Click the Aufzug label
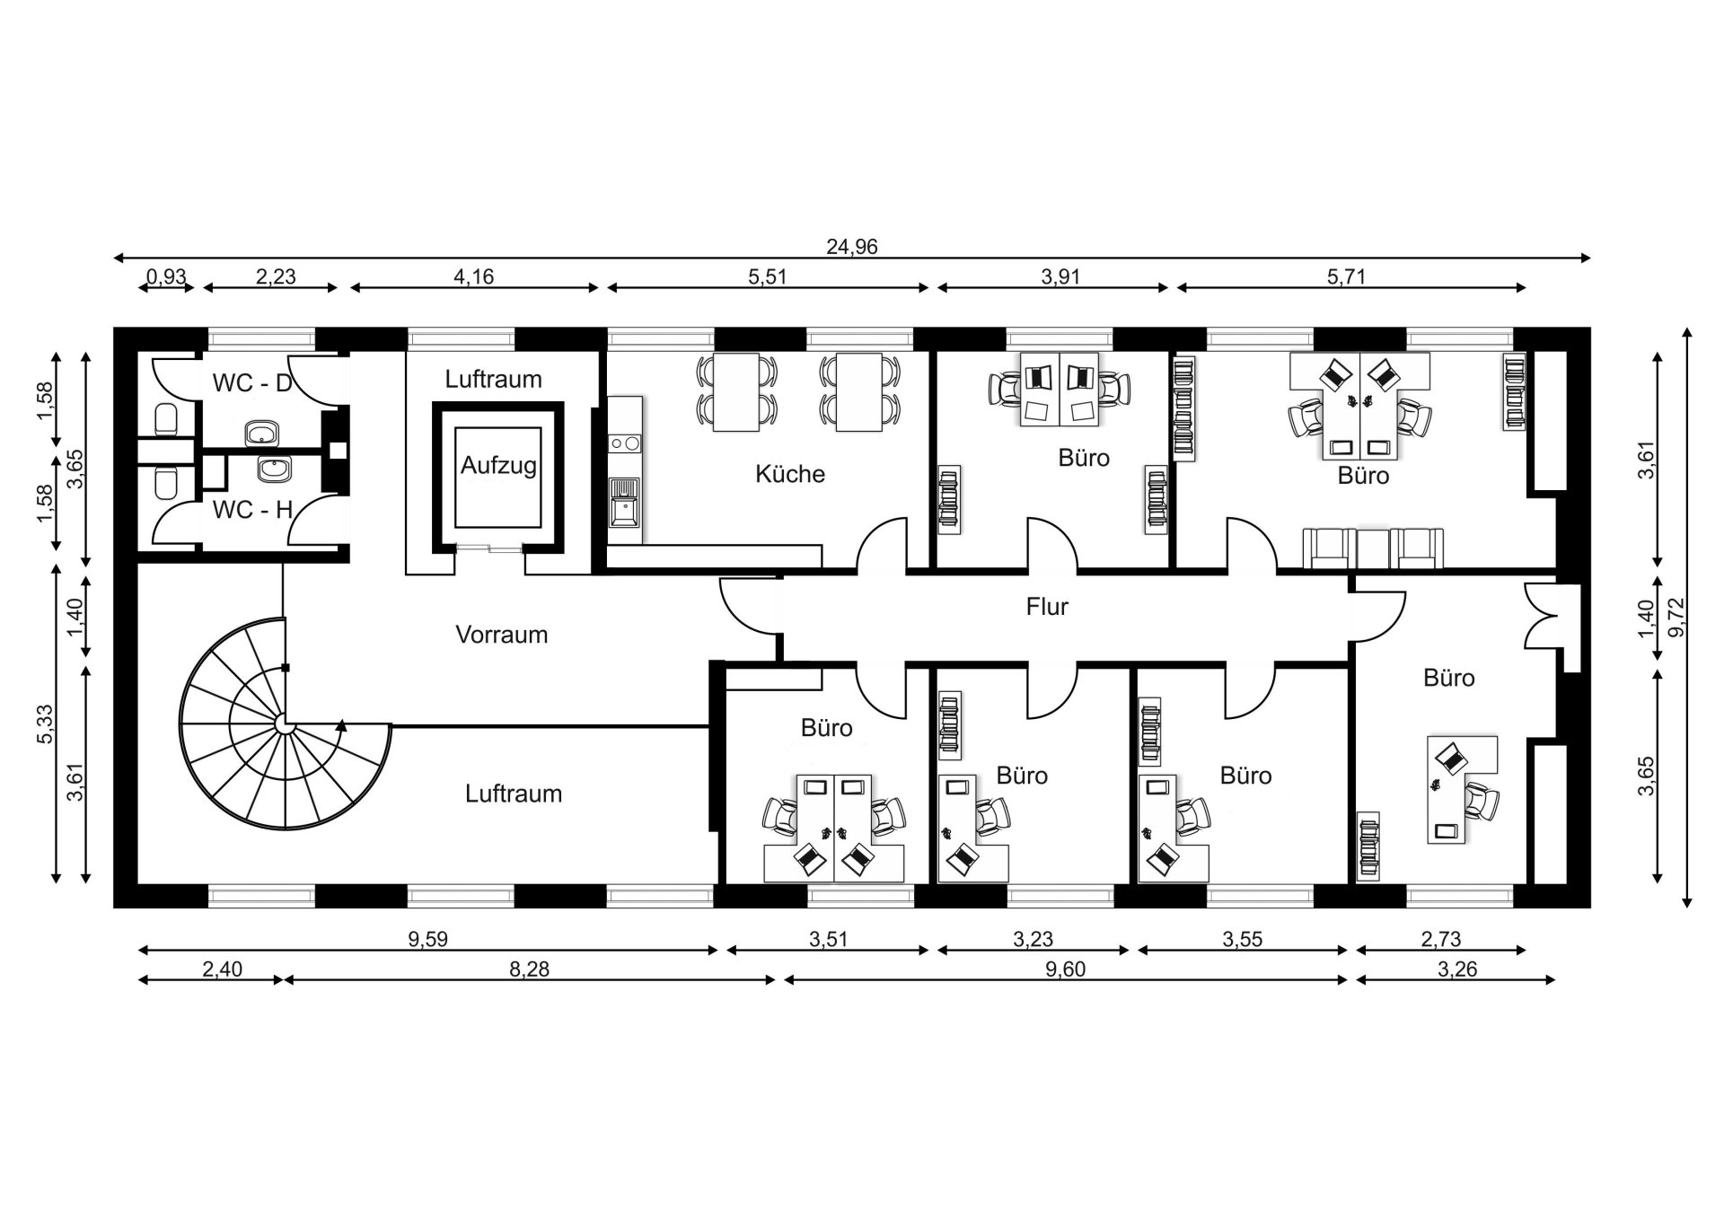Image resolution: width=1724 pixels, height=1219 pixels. click(498, 466)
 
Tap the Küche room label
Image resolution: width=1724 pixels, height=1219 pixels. click(789, 474)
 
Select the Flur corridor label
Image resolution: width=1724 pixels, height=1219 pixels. click(1047, 607)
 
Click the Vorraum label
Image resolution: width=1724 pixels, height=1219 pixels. click(501, 635)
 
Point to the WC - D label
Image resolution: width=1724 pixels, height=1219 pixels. click(252, 383)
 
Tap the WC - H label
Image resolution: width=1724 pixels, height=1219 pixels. click(252, 510)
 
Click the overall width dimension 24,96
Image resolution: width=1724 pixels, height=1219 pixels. click(851, 247)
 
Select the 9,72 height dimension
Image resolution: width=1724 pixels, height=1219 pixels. click(1676, 618)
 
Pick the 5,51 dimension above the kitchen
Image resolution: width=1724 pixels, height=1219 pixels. click(767, 276)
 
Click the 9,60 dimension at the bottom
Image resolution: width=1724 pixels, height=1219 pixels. click(1066, 969)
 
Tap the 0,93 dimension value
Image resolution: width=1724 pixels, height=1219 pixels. click(166, 276)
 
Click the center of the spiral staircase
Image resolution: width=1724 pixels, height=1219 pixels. click(285, 724)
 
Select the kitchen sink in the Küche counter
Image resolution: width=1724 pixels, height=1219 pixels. click(624, 503)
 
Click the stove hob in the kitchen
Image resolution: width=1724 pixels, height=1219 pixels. click(625, 443)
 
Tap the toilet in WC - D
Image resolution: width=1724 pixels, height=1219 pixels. click(166, 418)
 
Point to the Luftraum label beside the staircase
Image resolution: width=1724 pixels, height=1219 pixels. click(513, 794)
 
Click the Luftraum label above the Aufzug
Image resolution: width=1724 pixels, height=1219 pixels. click(493, 379)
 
